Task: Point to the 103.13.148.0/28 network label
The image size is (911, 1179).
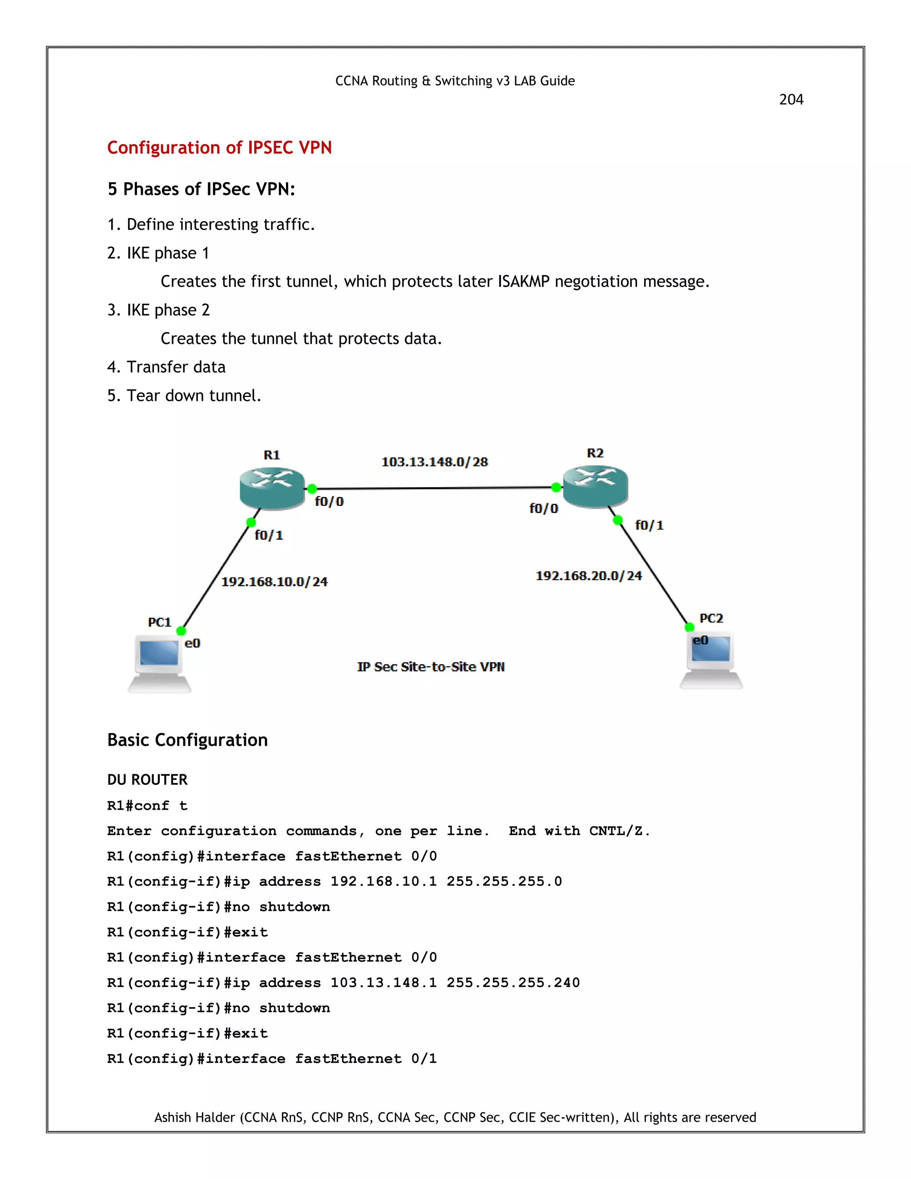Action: (x=435, y=462)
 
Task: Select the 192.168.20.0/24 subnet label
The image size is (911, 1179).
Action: (x=588, y=576)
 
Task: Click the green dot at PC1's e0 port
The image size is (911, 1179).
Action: (x=181, y=630)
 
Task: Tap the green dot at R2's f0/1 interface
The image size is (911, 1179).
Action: (x=618, y=520)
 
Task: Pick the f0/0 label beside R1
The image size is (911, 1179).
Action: (x=329, y=501)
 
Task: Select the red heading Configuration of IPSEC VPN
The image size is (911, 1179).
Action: (x=219, y=148)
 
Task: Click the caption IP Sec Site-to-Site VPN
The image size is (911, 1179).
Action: (x=431, y=667)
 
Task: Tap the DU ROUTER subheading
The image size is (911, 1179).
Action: (x=147, y=780)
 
